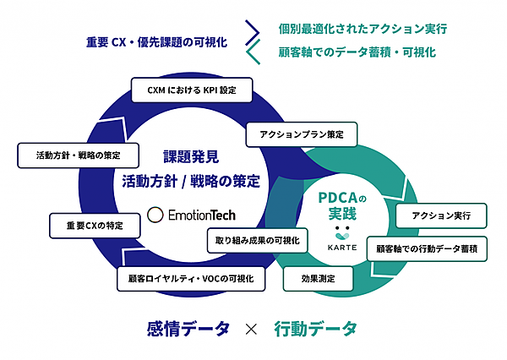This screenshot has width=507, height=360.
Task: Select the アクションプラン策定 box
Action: coord(301,134)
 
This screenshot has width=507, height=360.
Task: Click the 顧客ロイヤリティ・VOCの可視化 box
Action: coord(191,278)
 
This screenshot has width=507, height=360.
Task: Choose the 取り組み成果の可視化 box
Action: coord(259,241)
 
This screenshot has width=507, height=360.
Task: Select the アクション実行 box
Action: coord(441,215)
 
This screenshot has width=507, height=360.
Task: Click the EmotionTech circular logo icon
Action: coord(155,215)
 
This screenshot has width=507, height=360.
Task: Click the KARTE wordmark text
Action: coord(342,246)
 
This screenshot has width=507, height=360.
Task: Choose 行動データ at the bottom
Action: coord(316,329)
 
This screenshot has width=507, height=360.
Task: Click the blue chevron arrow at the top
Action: coord(251,31)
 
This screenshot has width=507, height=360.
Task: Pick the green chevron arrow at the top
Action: coord(251,54)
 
